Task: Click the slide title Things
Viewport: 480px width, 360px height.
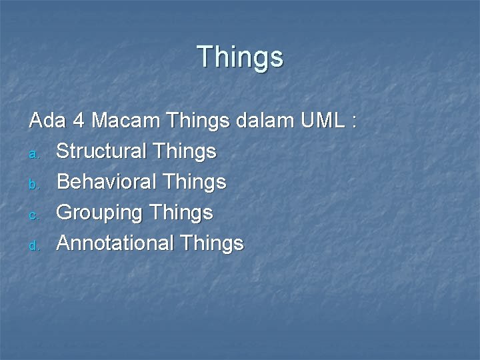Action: (x=240, y=57)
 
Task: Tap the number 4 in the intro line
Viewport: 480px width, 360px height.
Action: (x=79, y=121)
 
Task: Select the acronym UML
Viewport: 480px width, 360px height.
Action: (x=322, y=121)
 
